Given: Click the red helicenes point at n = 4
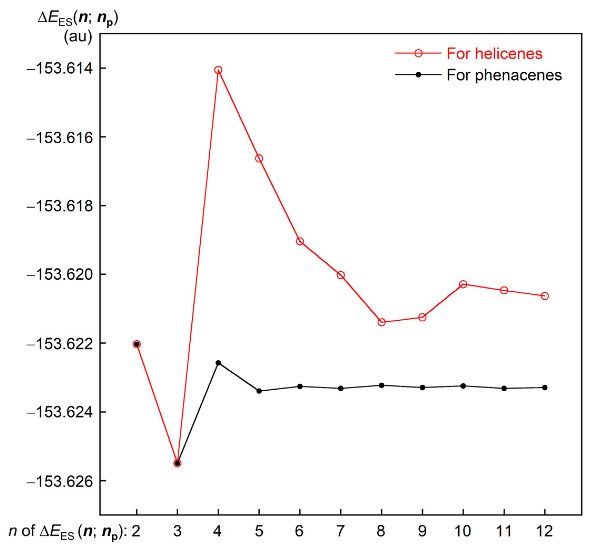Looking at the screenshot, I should (x=218, y=70).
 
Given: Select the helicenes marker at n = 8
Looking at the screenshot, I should (x=382, y=322).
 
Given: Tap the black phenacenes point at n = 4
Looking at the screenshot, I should (x=218, y=363).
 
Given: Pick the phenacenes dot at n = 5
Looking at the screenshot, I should (x=259, y=391).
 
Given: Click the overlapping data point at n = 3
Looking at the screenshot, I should (x=177, y=463).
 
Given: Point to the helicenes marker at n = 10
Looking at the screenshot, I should (x=463, y=284).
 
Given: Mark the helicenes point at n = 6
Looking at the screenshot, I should (x=300, y=241).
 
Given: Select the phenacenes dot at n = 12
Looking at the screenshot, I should (x=545, y=387).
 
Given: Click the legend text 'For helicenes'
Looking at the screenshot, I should (x=494, y=54).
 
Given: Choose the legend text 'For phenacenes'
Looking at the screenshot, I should (x=504, y=75).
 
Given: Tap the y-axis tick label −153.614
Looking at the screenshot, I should (x=59, y=68).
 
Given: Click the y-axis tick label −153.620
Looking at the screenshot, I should (x=59, y=275).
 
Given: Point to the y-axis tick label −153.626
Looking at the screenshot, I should (x=59, y=481).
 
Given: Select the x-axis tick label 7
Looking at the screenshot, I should (x=340, y=531).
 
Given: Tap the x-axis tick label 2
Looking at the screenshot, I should (x=136, y=531).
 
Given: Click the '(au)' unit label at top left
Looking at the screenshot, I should (x=78, y=37).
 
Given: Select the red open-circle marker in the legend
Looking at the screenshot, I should (x=418, y=53).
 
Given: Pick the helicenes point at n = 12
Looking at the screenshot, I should (x=545, y=296).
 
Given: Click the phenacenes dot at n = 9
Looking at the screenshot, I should (x=422, y=387).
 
